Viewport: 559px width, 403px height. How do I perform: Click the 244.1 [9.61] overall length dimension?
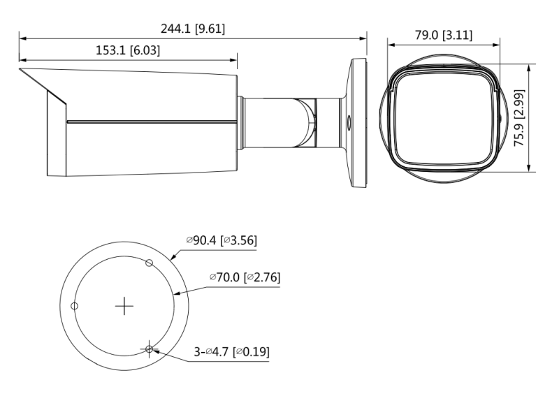pos(193,29)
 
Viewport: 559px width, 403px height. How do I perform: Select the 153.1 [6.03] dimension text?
pos(128,50)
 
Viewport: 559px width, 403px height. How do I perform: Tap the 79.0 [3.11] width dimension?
pos(444,36)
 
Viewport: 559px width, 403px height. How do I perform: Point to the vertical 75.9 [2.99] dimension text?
pos(519,118)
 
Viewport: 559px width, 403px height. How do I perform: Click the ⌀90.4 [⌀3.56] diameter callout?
pos(222,240)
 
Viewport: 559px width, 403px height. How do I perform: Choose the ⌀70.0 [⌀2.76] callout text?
pos(245,277)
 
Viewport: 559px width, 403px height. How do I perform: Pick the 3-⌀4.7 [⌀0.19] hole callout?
pos(232,352)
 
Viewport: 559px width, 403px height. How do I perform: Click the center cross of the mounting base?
pos(124,306)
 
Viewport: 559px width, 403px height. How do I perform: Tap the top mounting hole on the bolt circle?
pos(150,263)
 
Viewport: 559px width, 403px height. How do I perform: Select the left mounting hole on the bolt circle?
pos(75,306)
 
